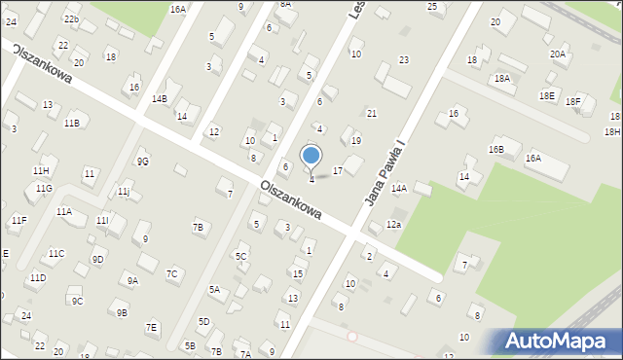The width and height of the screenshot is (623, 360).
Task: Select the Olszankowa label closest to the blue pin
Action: pos(291,198)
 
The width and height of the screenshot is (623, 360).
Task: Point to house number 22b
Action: pos(71,18)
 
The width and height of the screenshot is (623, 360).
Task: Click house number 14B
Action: pos(159,98)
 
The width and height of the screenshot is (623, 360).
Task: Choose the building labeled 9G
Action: pos(142,161)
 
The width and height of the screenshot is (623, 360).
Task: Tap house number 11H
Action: pos(40,170)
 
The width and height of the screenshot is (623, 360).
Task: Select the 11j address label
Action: pos(124,191)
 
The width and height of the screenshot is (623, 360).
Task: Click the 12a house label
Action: pos(392,225)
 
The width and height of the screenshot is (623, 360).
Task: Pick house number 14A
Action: pos(398,188)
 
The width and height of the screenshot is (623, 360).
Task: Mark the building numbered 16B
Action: pos(496,150)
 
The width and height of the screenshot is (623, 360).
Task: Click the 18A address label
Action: pos(502,78)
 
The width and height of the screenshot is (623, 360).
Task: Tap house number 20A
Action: pos(557,54)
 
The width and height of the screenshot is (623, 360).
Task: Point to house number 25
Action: pos(432,7)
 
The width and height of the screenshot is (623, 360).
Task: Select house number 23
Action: pos(403,60)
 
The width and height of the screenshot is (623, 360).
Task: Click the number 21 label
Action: pos(371,114)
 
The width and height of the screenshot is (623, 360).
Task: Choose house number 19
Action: pos(356,141)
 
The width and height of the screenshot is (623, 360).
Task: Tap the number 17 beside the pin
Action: pos(338,171)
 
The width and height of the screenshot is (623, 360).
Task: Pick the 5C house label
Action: pos(240,256)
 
